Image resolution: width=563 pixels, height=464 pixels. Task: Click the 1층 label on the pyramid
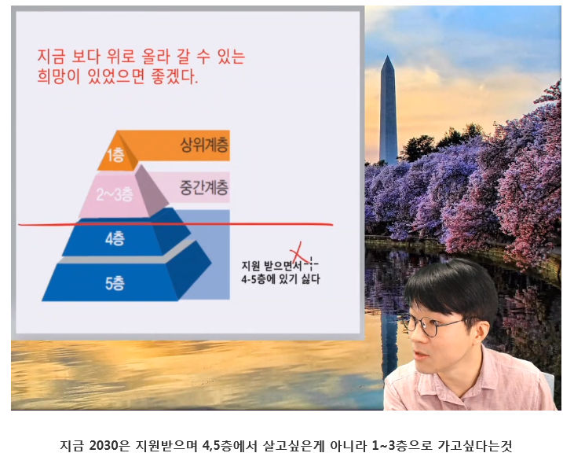click(x=115, y=155)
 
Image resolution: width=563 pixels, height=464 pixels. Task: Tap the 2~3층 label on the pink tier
click(x=115, y=194)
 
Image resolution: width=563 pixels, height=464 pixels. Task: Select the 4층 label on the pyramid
click(x=115, y=238)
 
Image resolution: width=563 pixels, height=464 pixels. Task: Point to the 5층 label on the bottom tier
click(x=115, y=283)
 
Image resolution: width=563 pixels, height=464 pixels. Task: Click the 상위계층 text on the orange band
click(x=204, y=145)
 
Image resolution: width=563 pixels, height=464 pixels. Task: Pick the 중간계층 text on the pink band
click(x=204, y=187)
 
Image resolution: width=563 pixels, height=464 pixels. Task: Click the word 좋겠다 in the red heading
click(x=173, y=76)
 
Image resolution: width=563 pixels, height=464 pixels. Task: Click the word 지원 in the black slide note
click(x=250, y=266)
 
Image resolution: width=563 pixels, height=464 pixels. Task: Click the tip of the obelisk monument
click(x=388, y=56)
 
